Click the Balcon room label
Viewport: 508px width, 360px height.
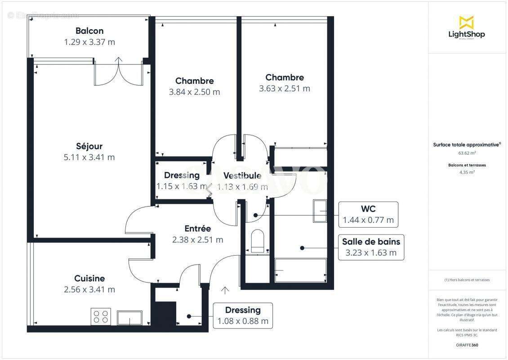89,31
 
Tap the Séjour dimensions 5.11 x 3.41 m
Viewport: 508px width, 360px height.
89,157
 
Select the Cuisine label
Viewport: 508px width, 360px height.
89,279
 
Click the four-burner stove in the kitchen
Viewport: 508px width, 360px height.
101,316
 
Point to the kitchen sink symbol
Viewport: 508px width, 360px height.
129,317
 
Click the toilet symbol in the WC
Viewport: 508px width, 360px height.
258,241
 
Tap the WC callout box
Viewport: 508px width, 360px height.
368,215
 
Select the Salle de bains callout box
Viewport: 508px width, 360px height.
371,247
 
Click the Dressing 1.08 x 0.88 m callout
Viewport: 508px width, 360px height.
243,315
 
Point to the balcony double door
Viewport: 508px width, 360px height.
119,73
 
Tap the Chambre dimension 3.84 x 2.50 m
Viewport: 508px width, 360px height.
194,92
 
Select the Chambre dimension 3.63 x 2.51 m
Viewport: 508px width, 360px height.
284,89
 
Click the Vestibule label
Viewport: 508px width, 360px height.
242,175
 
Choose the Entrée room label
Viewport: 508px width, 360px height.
197,229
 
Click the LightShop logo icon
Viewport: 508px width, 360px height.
466,22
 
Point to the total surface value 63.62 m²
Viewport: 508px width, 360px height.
466,153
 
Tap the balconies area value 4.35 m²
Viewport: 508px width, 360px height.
466,172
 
